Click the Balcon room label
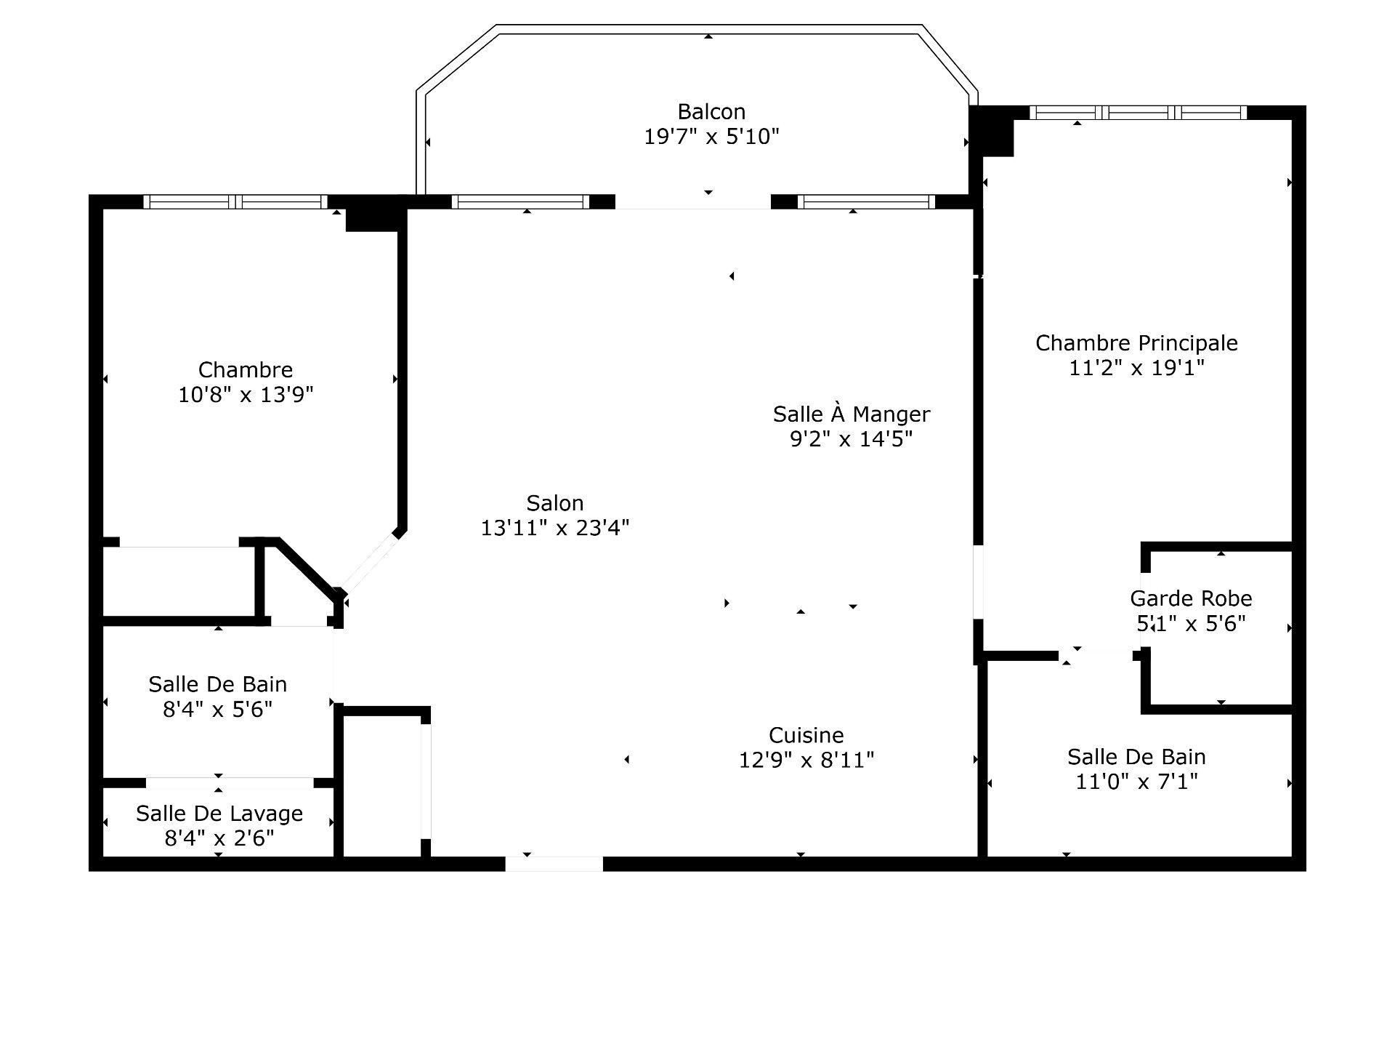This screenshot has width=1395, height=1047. pyautogui.click(x=711, y=111)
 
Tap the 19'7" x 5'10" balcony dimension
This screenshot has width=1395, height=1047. pyautogui.click(x=711, y=136)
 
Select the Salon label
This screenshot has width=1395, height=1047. pyautogui.click(x=555, y=502)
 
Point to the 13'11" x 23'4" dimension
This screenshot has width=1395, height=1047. pyautogui.click(x=555, y=527)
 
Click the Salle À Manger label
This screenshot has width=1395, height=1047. pyautogui.click(x=852, y=414)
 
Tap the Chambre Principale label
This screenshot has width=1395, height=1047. pyautogui.click(x=1136, y=342)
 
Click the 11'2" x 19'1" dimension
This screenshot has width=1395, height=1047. pyautogui.click(x=1136, y=367)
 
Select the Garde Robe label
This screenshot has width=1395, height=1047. pyautogui.click(x=1192, y=598)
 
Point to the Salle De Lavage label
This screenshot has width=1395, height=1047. pyautogui.click(x=219, y=814)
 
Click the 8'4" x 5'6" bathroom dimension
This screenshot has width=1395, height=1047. pyautogui.click(x=218, y=709)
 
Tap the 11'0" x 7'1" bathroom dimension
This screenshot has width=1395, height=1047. pyautogui.click(x=1136, y=782)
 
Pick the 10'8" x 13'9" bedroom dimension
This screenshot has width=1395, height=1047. pyautogui.click(x=246, y=395)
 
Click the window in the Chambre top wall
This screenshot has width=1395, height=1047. pyautogui.click(x=235, y=202)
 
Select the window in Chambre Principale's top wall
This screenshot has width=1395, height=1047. pyautogui.click(x=1139, y=113)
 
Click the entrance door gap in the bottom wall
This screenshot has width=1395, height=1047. pyautogui.click(x=554, y=864)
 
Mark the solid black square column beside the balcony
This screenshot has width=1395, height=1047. pyautogui.click(x=992, y=131)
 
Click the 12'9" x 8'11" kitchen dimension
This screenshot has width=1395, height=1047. pyautogui.click(x=806, y=760)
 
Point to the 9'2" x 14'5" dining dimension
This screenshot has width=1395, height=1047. pyautogui.click(x=852, y=438)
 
